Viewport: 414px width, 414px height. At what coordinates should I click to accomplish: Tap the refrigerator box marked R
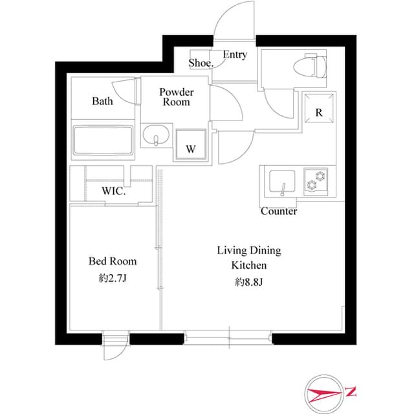[x=319, y=111]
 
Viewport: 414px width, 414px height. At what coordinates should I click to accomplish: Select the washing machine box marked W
[x=191, y=144]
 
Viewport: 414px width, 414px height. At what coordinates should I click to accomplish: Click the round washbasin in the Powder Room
[x=155, y=138]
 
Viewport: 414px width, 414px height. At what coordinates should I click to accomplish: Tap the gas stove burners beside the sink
[x=316, y=180]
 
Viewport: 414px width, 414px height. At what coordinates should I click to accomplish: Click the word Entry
[x=235, y=55]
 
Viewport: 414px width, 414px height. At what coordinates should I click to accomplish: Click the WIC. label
[x=113, y=192]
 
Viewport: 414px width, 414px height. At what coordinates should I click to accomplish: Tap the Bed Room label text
[x=113, y=261]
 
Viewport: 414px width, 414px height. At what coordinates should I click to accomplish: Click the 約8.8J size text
[x=249, y=282]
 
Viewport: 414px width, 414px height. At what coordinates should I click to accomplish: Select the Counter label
[x=279, y=211]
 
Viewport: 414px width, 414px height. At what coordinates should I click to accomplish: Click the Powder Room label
[x=177, y=97]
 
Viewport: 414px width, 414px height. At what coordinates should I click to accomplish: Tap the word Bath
[x=102, y=101]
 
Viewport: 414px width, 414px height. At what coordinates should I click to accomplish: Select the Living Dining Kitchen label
[x=249, y=257]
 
